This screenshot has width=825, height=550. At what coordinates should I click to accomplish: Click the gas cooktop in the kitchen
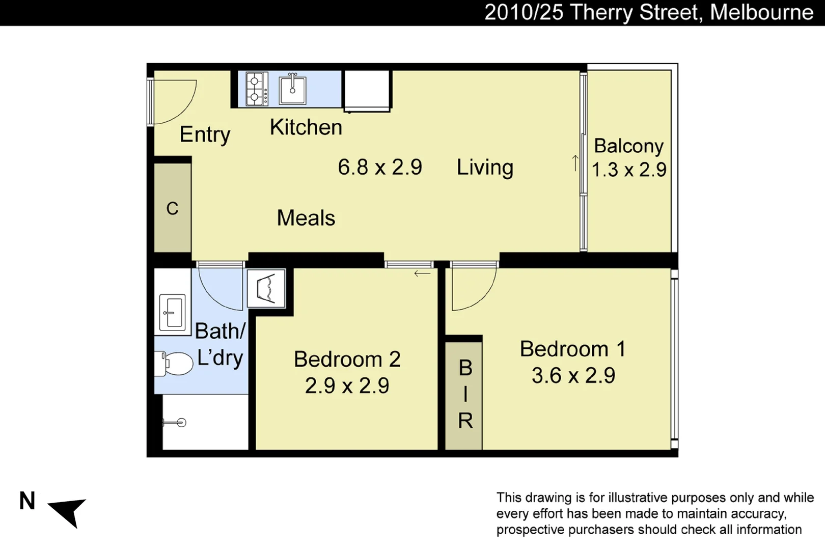[257, 89]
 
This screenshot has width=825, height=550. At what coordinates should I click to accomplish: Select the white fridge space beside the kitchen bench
[367, 89]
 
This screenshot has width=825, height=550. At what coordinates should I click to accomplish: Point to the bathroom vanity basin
[172, 312]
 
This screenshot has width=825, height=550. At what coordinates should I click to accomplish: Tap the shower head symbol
[175, 423]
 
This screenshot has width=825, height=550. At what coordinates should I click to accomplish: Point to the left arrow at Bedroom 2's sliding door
[422, 273]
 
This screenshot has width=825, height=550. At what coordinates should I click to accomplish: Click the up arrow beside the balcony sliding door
[575, 163]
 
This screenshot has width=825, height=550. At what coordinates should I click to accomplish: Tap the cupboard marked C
[173, 208]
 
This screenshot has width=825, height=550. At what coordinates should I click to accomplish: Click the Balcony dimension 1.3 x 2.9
[629, 170]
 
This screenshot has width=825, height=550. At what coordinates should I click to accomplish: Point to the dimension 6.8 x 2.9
[380, 167]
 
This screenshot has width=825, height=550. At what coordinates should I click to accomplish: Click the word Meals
[306, 218]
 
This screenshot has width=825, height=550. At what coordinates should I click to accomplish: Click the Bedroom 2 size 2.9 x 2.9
[347, 386]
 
